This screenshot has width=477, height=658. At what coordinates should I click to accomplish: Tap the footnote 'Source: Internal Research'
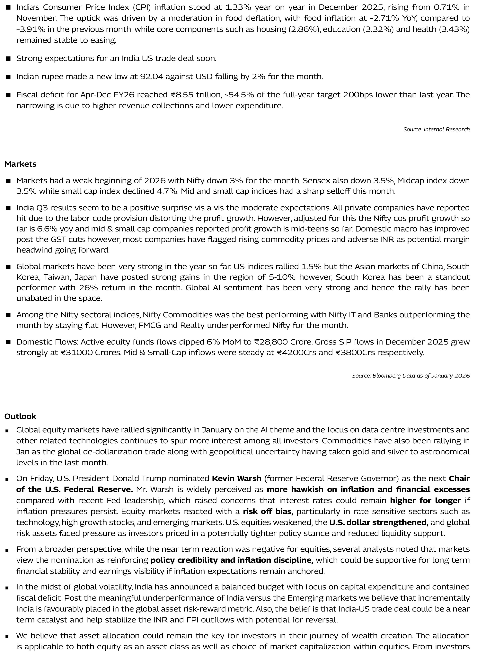(x=436, y=129)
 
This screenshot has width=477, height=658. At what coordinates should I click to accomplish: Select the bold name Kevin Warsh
(x=236, y=479)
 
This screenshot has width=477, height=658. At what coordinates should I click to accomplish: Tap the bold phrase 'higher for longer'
(x=425, y=500)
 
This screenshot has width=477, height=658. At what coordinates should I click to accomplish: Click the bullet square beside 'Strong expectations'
(x=8, y=59)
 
